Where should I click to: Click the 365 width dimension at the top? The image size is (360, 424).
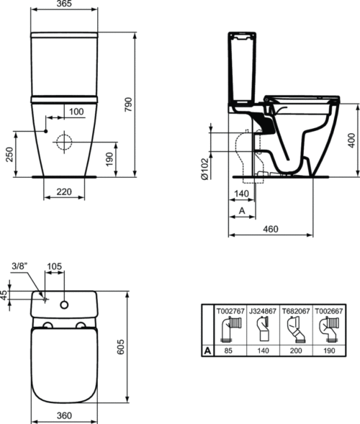coord(65,4)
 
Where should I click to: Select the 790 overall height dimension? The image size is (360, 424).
coord(128,104)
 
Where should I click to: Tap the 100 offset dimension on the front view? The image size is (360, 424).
coord(76,112)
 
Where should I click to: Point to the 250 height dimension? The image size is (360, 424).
coord(10,154)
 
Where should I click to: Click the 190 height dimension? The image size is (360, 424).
coord(109,159)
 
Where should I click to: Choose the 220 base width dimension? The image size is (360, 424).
coord(64,191)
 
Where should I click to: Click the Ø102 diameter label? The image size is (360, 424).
coord(204,169)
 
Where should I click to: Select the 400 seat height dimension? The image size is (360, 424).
coord(351,140)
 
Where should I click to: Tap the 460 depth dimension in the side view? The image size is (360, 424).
coord(271,229)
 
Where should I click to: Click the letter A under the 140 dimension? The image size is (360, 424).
coord(242,210)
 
